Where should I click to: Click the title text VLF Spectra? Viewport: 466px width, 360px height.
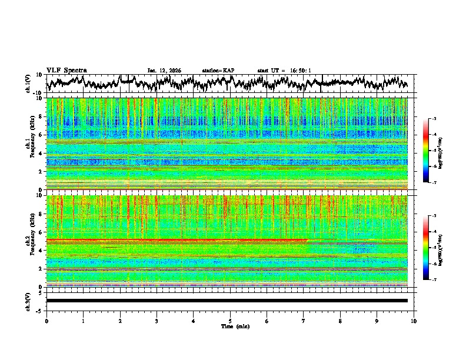click(x=66, y=70)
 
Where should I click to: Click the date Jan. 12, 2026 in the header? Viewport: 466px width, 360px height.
click(x=164, y=71)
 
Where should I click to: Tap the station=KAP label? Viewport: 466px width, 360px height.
click(x=218, y=71)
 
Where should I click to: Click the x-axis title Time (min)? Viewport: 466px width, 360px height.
click(x=230, y=326)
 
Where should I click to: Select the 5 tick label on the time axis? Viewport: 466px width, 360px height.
click(x=230, y=321)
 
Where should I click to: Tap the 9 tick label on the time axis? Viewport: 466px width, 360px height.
click(x=377, y=321)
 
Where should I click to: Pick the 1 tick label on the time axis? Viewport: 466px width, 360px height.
click(x=83, y=321)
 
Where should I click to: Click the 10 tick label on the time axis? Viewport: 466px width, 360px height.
click(x=414, y=321)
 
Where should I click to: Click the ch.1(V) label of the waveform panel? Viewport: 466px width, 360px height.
click(x=28, y=84)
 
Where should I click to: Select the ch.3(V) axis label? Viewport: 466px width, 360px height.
click(x=28, y=301)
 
